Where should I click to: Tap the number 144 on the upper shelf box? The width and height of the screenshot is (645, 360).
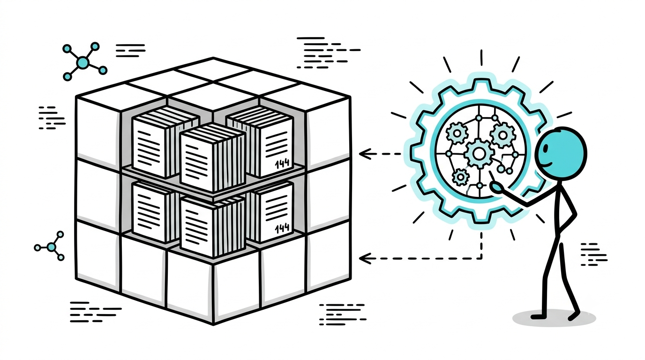pos(282,163)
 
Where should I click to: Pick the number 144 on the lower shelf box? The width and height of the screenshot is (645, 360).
pos(282,228)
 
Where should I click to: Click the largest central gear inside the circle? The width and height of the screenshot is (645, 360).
pos(479,153)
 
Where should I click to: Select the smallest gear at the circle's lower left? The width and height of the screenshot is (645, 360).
pos(461,177)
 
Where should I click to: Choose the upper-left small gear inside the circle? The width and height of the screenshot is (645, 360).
pos(457,133)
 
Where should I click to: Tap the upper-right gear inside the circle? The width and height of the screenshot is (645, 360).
pos(502,135)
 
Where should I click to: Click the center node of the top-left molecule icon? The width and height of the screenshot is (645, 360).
pos(82,62)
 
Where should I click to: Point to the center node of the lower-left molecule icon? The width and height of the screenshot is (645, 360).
pos(52,247)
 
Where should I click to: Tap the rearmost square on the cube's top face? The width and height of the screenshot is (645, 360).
pos(213,69)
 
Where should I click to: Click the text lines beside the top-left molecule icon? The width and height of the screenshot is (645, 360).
pos(130,51)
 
